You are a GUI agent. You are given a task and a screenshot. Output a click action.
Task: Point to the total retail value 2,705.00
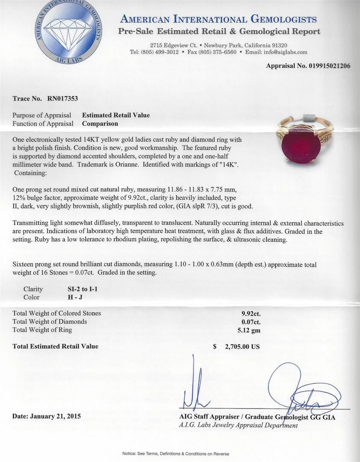(242, 347)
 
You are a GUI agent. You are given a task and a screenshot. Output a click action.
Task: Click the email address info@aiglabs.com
(286, 52)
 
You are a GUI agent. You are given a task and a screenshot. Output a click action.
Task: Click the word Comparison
(100, 124)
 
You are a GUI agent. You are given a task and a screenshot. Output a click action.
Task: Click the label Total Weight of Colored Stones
(57, 313)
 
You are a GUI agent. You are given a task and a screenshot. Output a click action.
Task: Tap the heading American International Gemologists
(218, 19)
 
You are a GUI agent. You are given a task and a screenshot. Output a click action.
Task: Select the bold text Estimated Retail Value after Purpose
(116, 115)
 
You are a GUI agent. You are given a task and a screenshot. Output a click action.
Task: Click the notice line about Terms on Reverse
(176, 453)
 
